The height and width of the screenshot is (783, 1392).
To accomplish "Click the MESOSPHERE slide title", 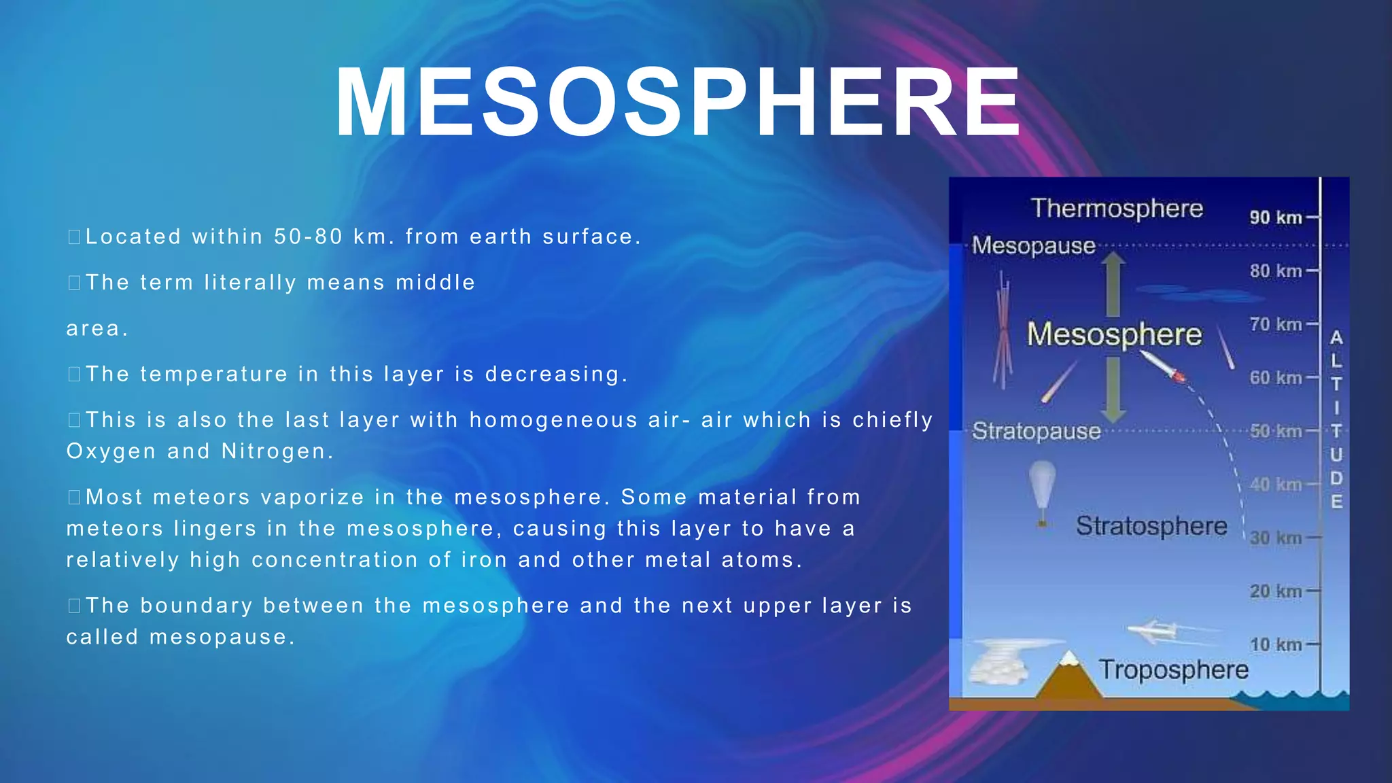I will [678, 104].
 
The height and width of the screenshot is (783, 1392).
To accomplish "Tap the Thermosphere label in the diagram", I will [1117, 208].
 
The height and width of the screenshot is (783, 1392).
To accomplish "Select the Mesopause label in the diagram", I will [1033, 245].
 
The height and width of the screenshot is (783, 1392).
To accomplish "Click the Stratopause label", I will [1036, 431].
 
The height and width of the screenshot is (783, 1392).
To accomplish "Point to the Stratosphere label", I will [1151, 526].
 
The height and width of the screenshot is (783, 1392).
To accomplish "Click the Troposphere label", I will [1174, 669].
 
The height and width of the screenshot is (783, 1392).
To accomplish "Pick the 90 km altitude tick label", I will [1275, 217].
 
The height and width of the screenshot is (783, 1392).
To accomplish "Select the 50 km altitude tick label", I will [1275, 431].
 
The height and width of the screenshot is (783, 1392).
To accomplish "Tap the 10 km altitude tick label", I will [1275, 644].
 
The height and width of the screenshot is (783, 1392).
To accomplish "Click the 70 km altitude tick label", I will [1275, 324].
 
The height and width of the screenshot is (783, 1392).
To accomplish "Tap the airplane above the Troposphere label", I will [1155, 631].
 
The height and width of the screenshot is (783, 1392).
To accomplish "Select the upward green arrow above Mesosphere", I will [1113, 284].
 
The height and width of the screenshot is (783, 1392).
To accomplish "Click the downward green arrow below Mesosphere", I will [1113, 389].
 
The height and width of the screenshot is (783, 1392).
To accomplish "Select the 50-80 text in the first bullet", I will [308, 237].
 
